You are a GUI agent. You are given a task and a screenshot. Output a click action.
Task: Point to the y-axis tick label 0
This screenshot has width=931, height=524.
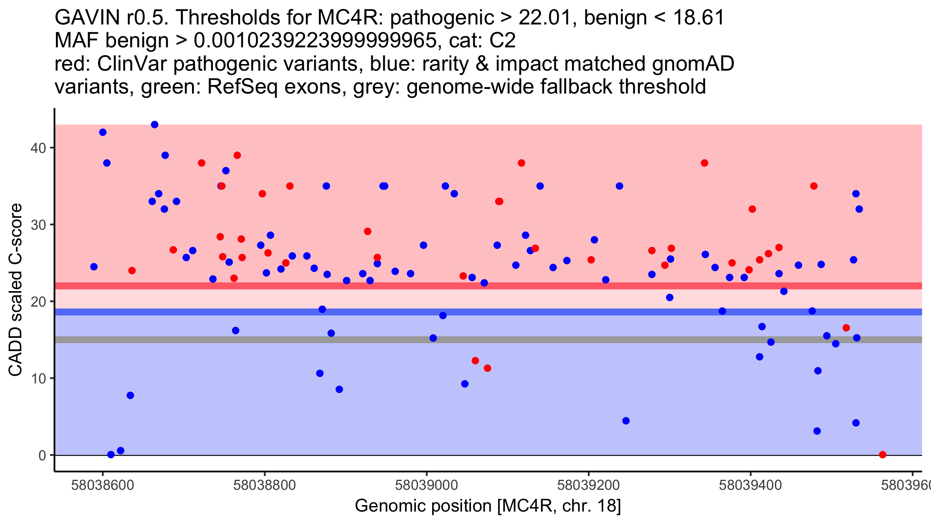[42, 455]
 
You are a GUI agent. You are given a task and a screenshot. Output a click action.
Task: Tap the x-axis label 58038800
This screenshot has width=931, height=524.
[265, 486]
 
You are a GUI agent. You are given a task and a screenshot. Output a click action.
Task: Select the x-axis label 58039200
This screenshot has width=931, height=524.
[588, 486]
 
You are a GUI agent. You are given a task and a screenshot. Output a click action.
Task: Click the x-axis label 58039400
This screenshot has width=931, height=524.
[750, 486]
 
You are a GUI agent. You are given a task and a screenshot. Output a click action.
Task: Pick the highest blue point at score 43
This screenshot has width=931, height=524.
[154, 125]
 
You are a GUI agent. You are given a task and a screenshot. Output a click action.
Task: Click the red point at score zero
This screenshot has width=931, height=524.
[883, 455]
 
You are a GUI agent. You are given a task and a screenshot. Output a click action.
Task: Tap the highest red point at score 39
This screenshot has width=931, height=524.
[237, 155]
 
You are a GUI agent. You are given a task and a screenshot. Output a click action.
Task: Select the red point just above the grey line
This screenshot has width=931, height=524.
[846, 328]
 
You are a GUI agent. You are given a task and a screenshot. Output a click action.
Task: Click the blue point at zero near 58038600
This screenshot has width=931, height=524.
[111, 455]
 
